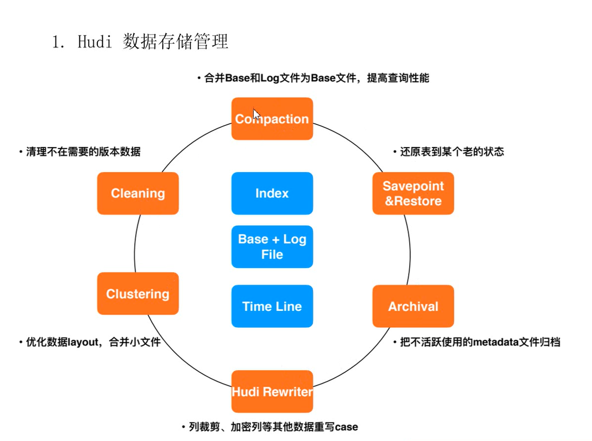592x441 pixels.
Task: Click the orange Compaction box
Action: pyautogui.click(x=272, y=119)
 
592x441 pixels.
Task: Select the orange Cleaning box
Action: pyautogui.click(x=138, y=194)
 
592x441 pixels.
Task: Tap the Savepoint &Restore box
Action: pyautogui.click(x=413, y=194)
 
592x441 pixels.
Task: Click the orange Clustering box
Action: pyautogui.click(x=138, y=294)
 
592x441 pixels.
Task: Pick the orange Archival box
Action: pyautogui.click(x=413, y=306)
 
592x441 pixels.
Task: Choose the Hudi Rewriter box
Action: pyautogui.click(x=272, y=392)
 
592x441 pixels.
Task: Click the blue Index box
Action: pyautogui.click(x=272, y=194)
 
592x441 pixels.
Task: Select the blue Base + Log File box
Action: pyautogui.click(x=272, y=246)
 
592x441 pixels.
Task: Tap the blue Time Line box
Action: pyautogui.click(x=272, y=306)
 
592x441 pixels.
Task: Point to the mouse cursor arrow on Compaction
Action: pyautogui.click(x=255, y=114)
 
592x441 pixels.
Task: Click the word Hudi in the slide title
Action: pyautogui.click(x=95, y=42)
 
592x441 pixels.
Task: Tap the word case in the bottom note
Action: pyautogui.click(x=347, y=426)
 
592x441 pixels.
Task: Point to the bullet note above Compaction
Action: pyautogui.click(x=312, y=78)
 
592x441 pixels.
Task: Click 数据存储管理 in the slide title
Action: pyautogui.click(x=175, y=42)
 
